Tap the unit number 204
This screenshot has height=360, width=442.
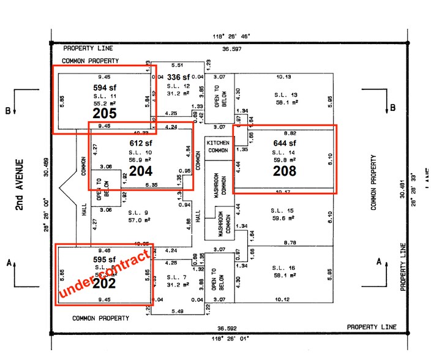pyautogui.click(x=140, y=171)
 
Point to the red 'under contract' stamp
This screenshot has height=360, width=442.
pyautogui.click(x=104, y=274)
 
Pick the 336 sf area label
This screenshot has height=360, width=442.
pyautogui.click(x=179, y=78)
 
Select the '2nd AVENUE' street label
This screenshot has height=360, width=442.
pyautogui.click(x=20, y=186)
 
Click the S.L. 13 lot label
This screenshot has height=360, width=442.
pyautogui.click(x=286, y=95)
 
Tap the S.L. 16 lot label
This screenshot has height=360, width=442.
pyautogui.click(x=285, y=269)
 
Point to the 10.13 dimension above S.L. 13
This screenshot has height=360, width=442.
pyautogui.click(x=283, y=77)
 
